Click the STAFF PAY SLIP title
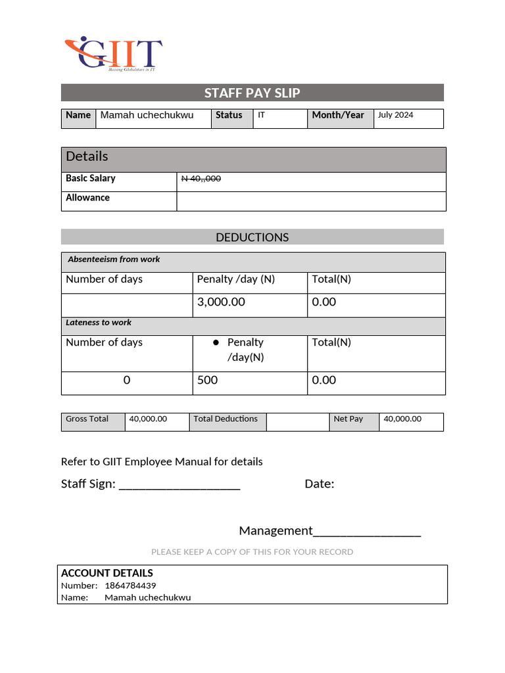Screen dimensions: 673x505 click(252, 93)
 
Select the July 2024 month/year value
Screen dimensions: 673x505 click(395, 115)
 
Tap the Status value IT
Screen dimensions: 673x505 click(261, 115)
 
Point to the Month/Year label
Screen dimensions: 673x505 click(337, 115)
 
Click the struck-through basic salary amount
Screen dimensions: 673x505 click(201, 179)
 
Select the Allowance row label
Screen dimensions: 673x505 click(87, 198)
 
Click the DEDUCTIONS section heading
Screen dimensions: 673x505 click(252, 237)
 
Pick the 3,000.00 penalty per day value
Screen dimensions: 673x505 click(221, 302)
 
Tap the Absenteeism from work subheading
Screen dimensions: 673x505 click(114, 260)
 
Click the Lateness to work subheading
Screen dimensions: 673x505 click(99, 323)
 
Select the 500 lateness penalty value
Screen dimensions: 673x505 click(207, 380)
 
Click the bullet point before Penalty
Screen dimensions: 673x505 click(215, 342)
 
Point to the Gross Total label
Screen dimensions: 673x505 click(87, 419)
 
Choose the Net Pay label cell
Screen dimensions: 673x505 click(348, 419)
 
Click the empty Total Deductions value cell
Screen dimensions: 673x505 click(297, 421)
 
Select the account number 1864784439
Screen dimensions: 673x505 click(130, 586)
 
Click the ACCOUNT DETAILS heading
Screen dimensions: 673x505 click(107, 573)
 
